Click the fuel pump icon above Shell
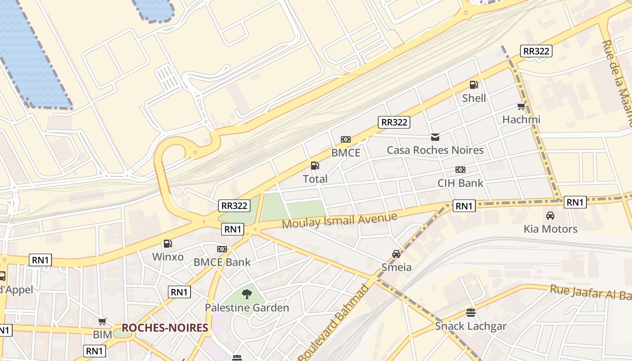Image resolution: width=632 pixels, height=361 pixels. coord(474,84)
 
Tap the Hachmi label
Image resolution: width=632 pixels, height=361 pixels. coord(521,120)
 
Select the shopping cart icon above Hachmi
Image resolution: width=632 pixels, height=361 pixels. coord(521,106)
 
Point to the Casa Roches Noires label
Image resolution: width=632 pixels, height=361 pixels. coord(435,150)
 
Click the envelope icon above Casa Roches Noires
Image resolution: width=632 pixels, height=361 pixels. coord(435,137)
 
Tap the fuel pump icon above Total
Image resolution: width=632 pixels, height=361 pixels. coord(315,166)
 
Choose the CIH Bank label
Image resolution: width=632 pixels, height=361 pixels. coord(460,183)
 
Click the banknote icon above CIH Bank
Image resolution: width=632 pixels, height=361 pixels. coord(460,170)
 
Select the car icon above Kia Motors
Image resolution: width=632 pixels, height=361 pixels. coord(550,216)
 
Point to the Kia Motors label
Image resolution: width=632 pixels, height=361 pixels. coord(550,229)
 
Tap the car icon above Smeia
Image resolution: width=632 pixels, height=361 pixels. coord(396,254)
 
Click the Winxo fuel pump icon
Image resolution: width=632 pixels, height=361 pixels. coord(167,244)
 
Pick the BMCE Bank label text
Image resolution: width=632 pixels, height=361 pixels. coord(222,262)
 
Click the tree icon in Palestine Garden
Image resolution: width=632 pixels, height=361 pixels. coord(246,295)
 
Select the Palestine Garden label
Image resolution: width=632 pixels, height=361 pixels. coord(246,308)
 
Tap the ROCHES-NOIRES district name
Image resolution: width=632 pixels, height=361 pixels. coord(165,328)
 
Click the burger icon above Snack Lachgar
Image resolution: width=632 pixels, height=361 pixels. coord(471,313)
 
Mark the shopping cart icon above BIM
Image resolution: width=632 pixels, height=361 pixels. coord(102,322)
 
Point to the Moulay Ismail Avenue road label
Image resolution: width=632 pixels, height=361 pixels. coord(339,220)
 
